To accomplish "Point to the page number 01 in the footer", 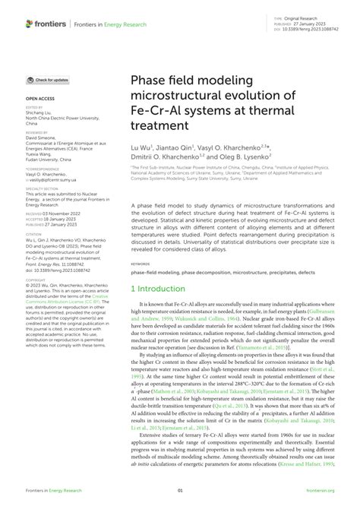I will [180, 492].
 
